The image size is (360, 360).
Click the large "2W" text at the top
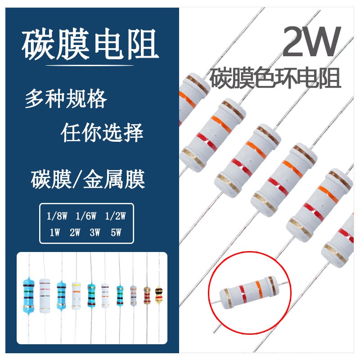click(x=310, y=41)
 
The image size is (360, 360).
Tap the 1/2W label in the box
click(x=115, y=216)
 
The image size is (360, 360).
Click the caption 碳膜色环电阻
click(x=276, y=78)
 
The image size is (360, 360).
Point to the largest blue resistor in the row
click(x=29, y=295)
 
